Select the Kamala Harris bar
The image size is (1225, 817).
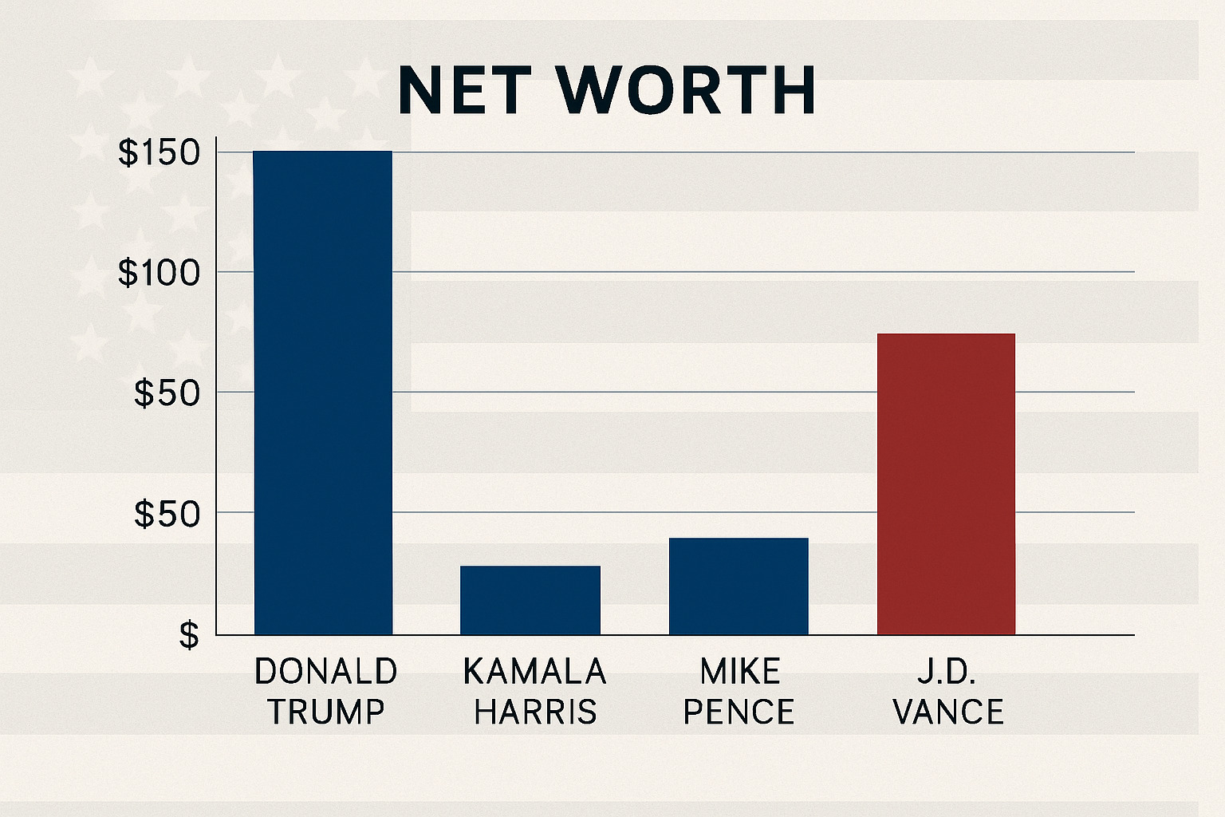pyautogui.click(x=530, y=600)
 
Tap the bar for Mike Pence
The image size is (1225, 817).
pyautogui.click(x=739, y=586)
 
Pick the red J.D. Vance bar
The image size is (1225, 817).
pyautogui.click(x=946, y=484)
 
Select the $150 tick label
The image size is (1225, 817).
pyautogui.click(x=159, y=153)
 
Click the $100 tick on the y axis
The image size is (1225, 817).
pyautogui.click(x=159, y=274)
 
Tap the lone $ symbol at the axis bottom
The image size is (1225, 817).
pyautogui.click(x=189, y=636)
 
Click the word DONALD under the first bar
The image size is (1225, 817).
pyautogui.click(x=325, y=672)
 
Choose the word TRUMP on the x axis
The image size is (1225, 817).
pyautogui.click(x=325, y=712)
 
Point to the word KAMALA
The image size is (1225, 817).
pyautogui.click(x=534, y=672)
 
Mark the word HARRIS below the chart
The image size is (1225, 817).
pyautogui.click(x=534, y=712)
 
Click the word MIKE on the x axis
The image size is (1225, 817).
pyautogui.click(x=739, y=672)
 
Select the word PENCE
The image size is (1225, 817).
pyautogui.click(x=739, y=712)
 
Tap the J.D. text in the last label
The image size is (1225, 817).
pyautogui.click(x=947, y=672)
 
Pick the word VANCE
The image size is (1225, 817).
pyautogui.click(x=948, y=712)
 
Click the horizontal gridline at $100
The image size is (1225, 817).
pyautogui.click(x=638, y=272)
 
